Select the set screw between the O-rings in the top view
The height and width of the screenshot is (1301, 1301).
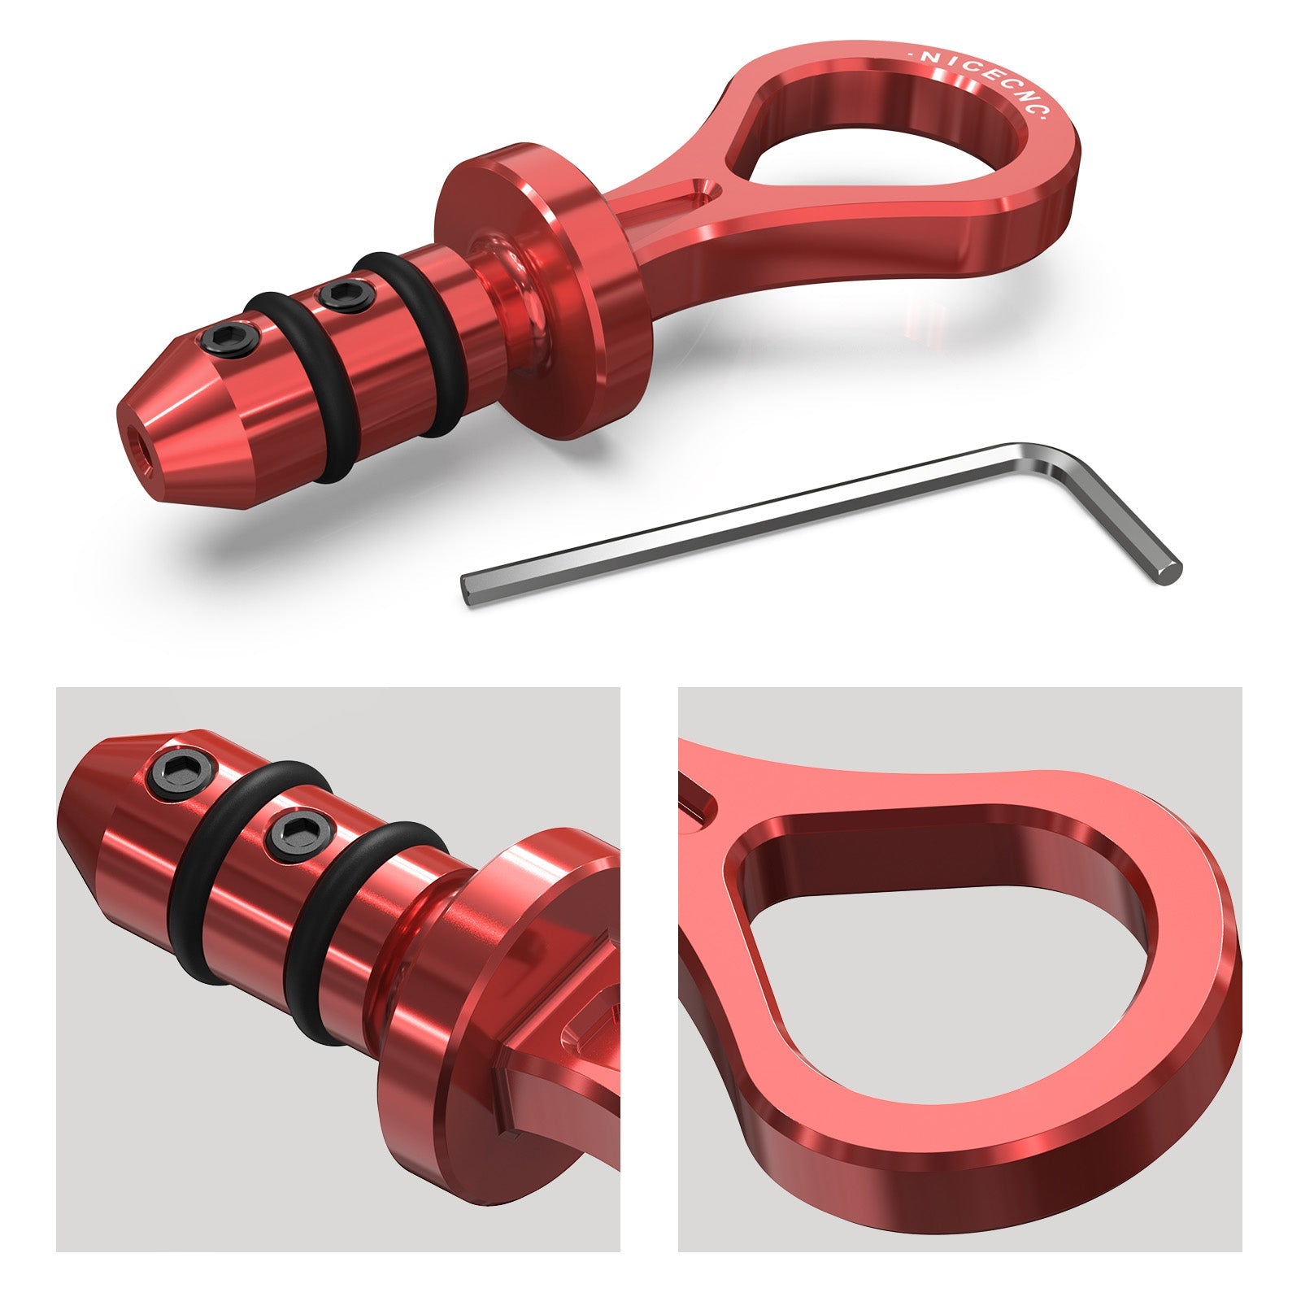tap(340, 293)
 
